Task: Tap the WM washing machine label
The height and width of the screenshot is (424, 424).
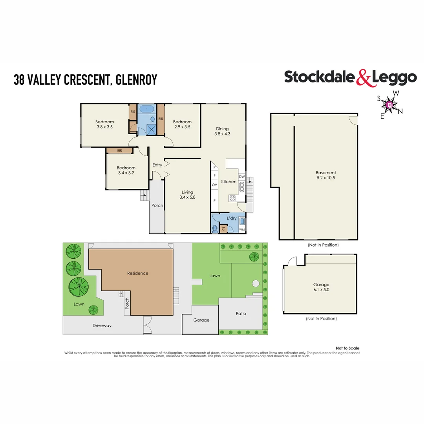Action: click(242, 229)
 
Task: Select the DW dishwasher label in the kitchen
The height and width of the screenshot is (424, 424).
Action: click(242, 177)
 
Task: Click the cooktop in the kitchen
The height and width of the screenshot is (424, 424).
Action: click(232, 198)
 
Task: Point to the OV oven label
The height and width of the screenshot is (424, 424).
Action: click(214, 185)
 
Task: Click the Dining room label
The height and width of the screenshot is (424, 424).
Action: click(222, 131)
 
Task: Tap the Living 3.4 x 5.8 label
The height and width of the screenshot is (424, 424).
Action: click(187, 195)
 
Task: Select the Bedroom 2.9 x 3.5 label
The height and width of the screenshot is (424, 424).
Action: click(182, 124)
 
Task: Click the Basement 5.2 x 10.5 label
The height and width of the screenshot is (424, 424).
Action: click(326, 175)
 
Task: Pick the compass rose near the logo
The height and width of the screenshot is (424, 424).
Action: click(389, 105)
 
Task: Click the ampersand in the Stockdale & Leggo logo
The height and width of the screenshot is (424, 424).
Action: click(364, 78)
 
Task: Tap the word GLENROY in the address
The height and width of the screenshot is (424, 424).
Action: click(137, 80)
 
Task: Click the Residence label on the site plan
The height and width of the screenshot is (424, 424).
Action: click(137, 273)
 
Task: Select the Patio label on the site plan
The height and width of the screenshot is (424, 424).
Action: click(241, 314)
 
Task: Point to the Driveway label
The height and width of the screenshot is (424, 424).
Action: click(102, 325)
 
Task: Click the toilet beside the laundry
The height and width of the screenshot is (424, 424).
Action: click(215, 229)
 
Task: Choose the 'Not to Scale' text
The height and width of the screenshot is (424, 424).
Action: click(347, 348)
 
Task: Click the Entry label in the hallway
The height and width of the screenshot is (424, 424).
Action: click(157, 165)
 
